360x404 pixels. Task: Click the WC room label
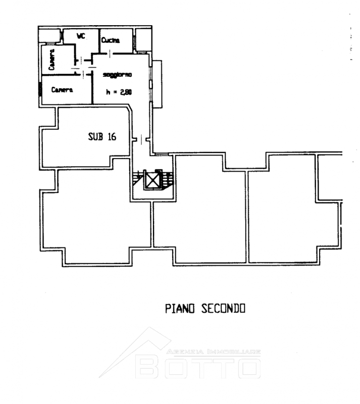[x=81, y=36]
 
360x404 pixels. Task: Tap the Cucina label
[x=110, y=40]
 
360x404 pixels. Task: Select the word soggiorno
[x=117, y=75]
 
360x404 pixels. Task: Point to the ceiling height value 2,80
[x=126, y=92]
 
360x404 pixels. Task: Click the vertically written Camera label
[x=52, y=60]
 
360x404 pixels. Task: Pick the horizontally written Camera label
[x=62, y=90]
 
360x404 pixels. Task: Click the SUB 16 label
[x=102, y=136]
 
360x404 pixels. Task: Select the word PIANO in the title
[x=180, y=309]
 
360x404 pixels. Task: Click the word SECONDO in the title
[x=223, y=309]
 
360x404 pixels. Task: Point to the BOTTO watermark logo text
[x=198, y=368]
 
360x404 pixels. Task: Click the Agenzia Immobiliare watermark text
[x=214, y=351]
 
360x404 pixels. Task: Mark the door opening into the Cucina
[x=110, y=54]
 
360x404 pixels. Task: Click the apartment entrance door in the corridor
[x=141, y=139]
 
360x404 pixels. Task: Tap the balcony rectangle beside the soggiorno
[x=157, y=84]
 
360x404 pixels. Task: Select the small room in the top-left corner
[x=49, y=35]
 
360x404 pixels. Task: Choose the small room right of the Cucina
[x=143, y=40]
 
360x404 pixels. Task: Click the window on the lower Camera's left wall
[x=40, y=89]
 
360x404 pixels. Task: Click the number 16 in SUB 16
[x=112, y=136]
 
